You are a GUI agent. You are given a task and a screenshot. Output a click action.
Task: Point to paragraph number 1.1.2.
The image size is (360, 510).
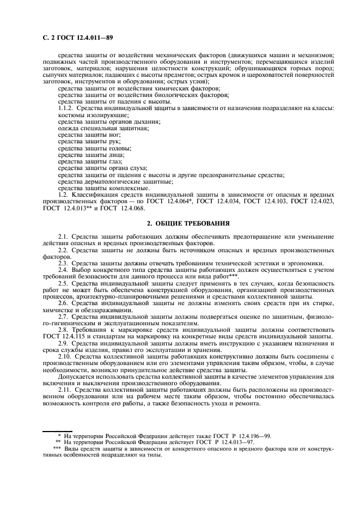66,108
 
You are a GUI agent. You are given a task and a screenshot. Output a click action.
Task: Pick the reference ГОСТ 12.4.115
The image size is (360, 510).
65,337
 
